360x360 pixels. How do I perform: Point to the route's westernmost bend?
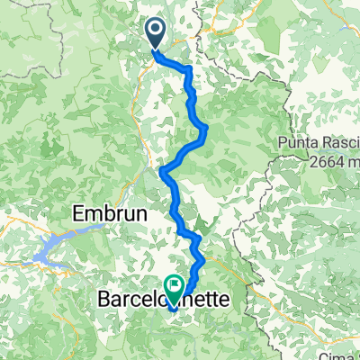[x=161, y=170]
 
